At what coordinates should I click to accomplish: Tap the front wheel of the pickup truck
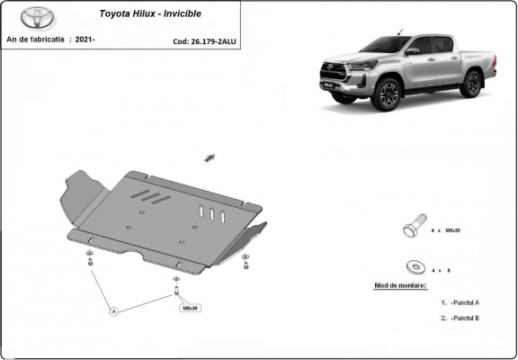coord(388,94)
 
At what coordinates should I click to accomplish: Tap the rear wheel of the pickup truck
coord(470,84)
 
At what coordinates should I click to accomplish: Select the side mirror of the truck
coord(411,52)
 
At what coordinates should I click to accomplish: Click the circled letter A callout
coord(114,311)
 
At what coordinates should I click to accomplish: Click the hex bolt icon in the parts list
coord(412,229)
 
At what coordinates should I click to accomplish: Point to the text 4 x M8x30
coord(445,231)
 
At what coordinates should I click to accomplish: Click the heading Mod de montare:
coord(400,285)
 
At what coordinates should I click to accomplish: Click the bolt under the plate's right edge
coord(246,264)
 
